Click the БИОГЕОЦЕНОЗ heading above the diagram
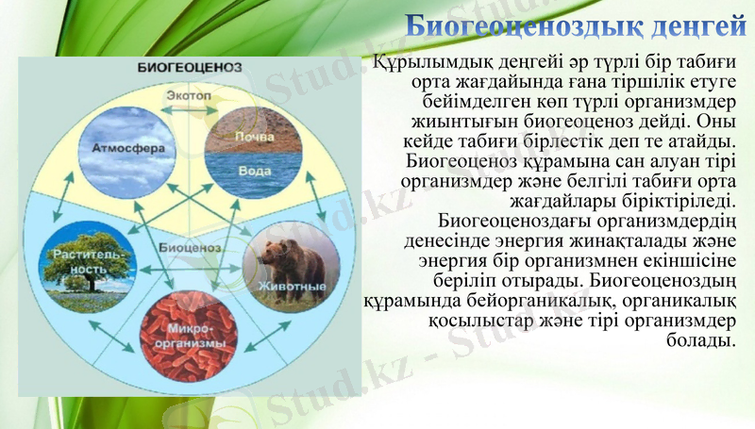click(x=190, y=68)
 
